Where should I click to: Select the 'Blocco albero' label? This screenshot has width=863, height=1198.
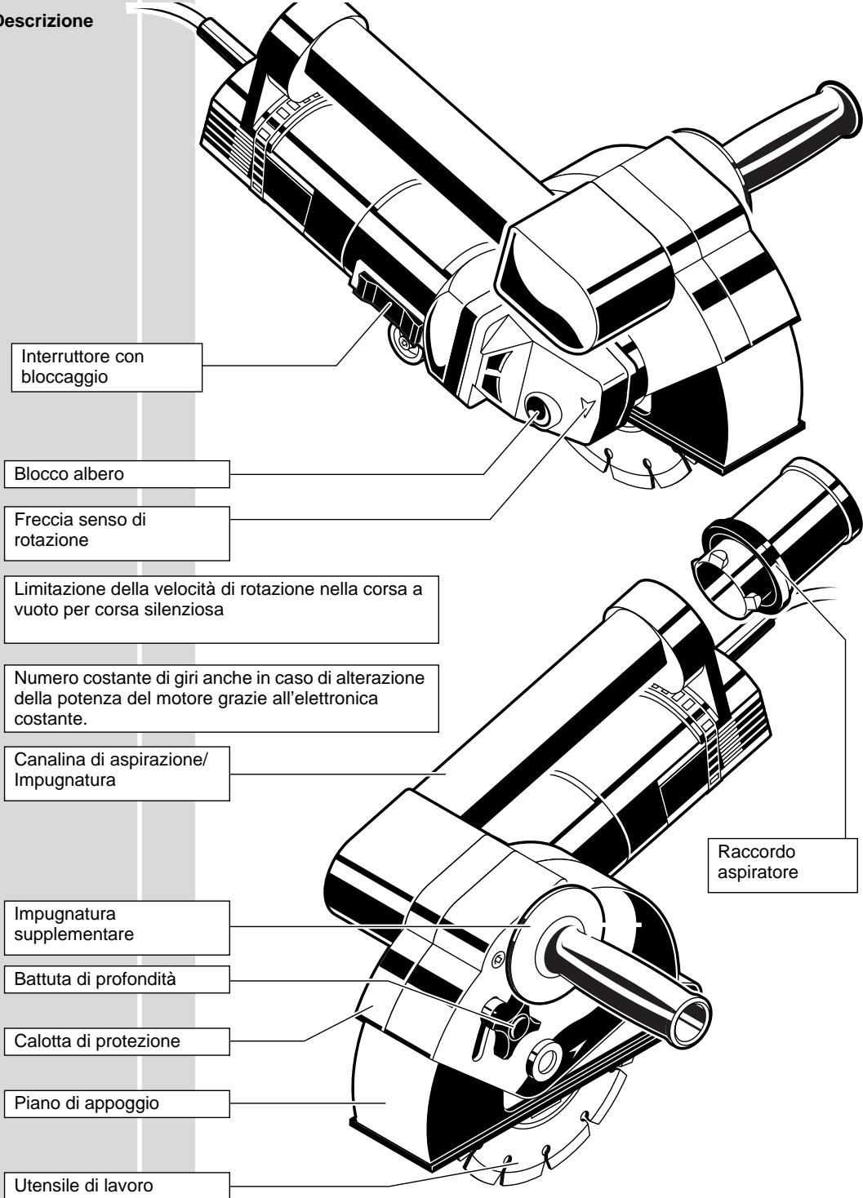pyautogui.click(x=116, y=473)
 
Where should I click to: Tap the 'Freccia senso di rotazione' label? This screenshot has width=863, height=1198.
pyautogui.click(x=116, y=531)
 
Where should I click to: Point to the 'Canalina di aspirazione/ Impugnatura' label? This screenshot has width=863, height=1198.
pyautogui.click(x=116, y=771)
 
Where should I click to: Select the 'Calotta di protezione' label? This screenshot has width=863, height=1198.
pyautogui.click(x=116, y=1041)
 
